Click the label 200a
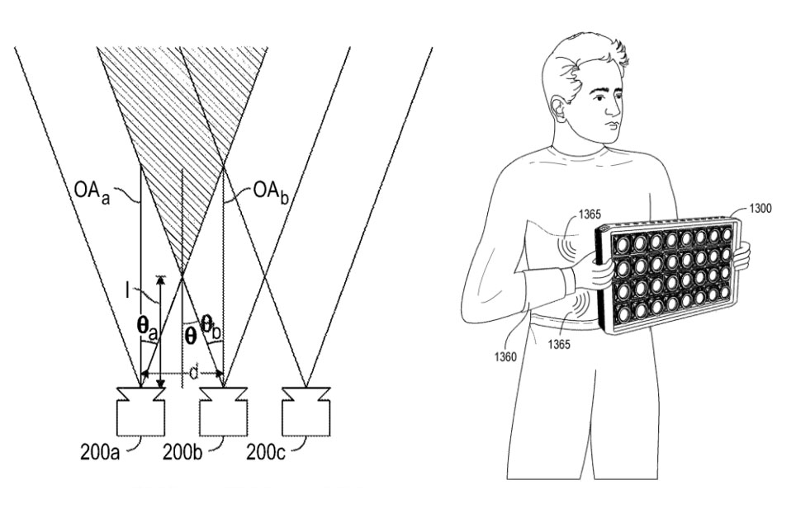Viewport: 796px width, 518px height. [100, 451]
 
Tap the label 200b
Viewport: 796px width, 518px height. [182, 451]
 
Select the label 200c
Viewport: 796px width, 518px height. [266, 451]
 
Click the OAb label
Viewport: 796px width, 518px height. [271, 193]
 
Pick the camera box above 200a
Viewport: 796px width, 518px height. [141, 412]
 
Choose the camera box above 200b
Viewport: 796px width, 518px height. [224, 412]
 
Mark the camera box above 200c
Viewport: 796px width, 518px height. [306, 412]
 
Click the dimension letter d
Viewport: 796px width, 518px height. [193, 373]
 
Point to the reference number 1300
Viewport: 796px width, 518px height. [760, 208]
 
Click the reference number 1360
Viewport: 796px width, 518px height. [505, 357]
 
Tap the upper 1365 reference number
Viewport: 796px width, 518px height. [589, 215]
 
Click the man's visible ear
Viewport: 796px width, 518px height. [557, 111]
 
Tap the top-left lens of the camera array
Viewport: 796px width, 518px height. [623, 245]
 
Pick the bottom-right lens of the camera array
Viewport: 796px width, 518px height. [725, 292]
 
